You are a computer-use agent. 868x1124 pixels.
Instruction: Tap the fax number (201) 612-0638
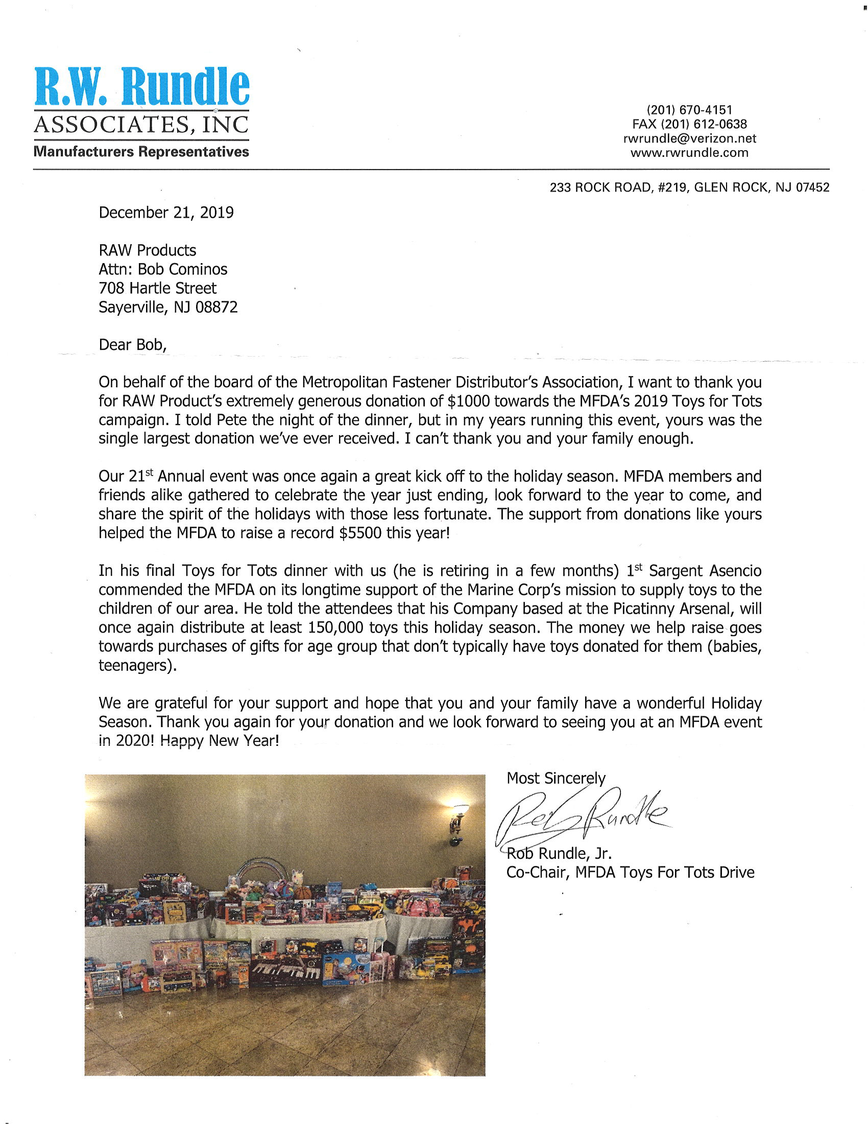click(x=689, y=124)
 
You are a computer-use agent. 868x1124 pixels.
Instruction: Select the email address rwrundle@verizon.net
click(x=689, y=138)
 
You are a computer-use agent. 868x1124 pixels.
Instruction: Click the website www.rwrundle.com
click(x=689, y=153)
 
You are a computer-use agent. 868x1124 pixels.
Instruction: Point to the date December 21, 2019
click(x=166, y=213)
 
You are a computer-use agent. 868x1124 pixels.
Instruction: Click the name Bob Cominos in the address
click(x=183, y=269)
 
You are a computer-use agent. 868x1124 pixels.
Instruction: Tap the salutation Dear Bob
click(x=133, y=345)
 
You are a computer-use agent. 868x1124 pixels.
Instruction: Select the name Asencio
click(x=735, y=571)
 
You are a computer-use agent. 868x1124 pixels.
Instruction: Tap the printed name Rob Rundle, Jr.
click(x=559, y=853)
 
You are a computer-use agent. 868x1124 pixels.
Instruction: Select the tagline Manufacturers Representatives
click(x=141, y=152)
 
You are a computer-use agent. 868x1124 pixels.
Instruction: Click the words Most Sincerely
click(x=556, y=778)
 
